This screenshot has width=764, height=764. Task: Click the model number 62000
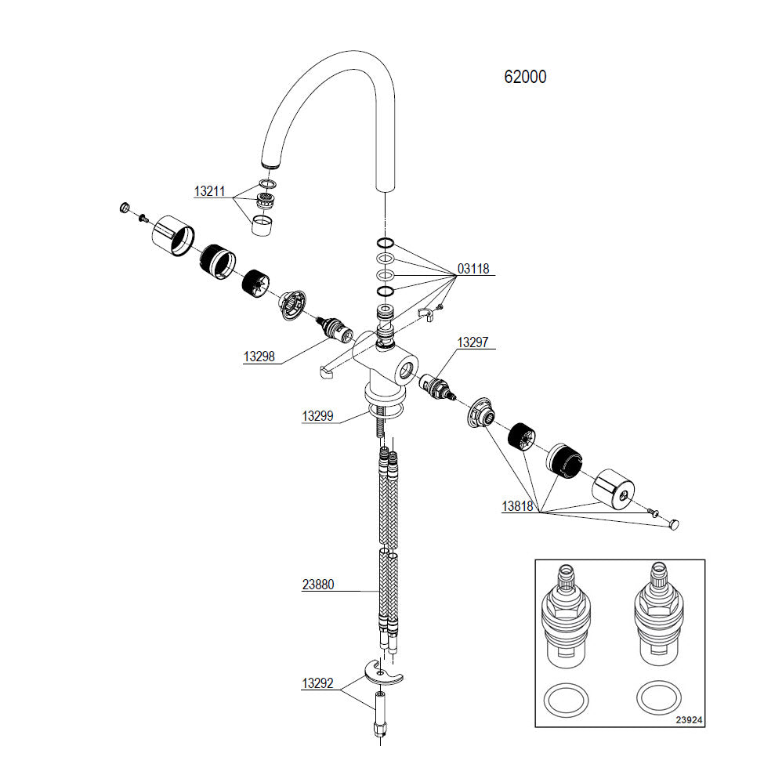point(525,77)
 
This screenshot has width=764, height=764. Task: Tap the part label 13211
point(210,191)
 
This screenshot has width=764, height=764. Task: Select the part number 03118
point(473,269)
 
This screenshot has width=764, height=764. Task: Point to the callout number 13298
point(259,357)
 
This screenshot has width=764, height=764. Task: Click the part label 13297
point(473,342)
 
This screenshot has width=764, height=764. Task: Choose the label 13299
point(318,417)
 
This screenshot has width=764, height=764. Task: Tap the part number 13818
point(518,506)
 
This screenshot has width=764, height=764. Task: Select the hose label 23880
point(318,585)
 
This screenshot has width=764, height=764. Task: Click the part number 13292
point(318,683)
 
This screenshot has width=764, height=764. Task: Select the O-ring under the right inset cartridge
point(658,697)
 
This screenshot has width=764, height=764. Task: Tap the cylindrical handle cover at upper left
point(172,234)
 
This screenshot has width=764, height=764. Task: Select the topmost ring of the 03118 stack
point(384,242)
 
